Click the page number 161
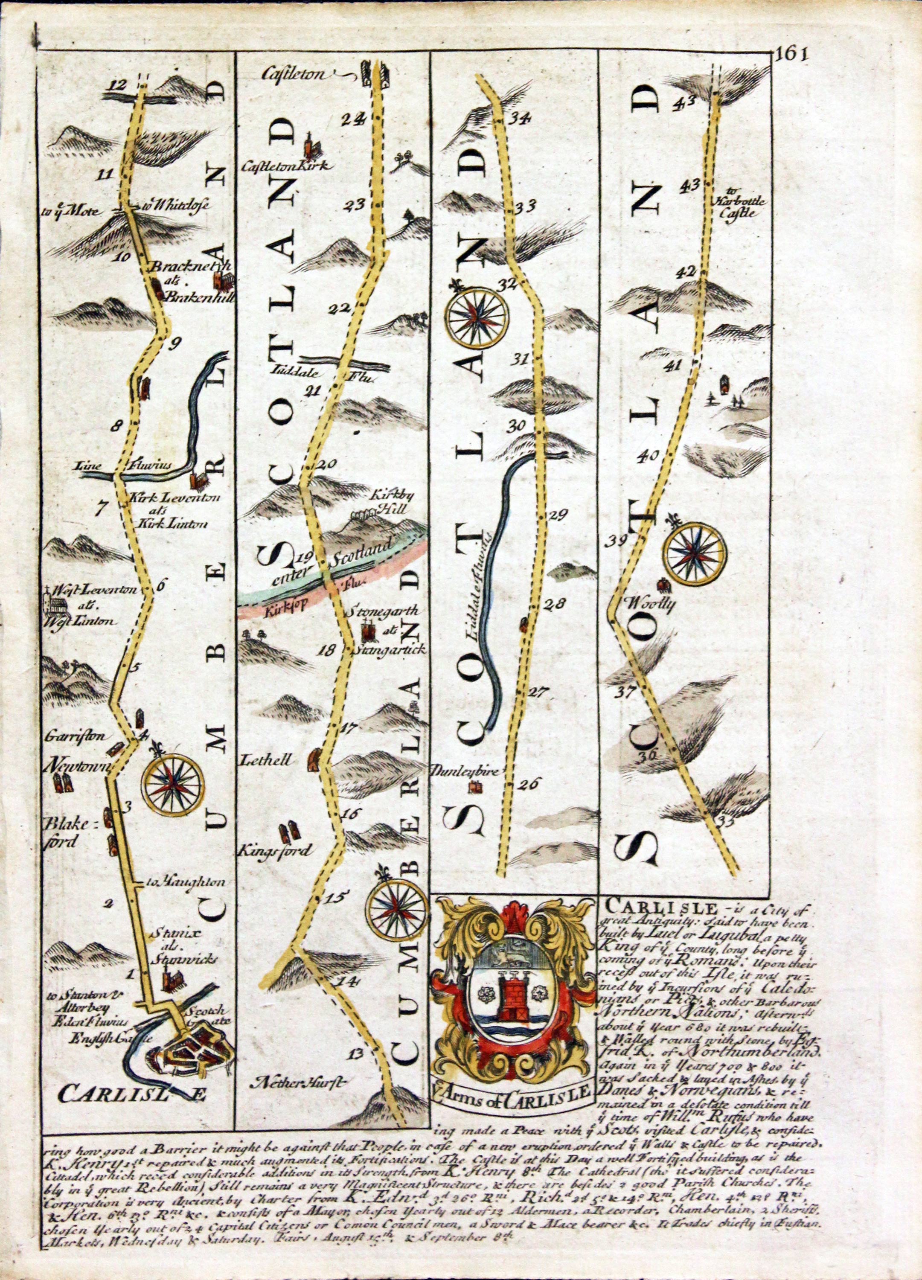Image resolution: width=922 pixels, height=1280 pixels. tap(791, 55)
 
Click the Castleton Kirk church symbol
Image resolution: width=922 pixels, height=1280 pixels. tap(310, 145)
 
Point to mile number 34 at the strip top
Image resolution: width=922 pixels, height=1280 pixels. tap(518, 119)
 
